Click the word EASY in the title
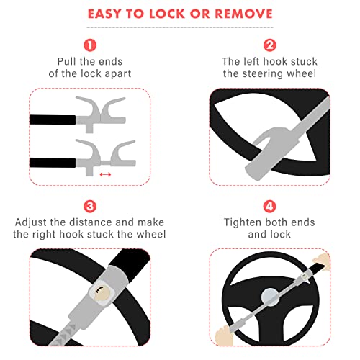[x=107, y=14]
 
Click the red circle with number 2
[x=270, y=44]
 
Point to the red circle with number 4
[x=270, y=207]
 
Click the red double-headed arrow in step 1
[x=106, y=174]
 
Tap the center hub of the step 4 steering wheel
[x=267, y=294]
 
